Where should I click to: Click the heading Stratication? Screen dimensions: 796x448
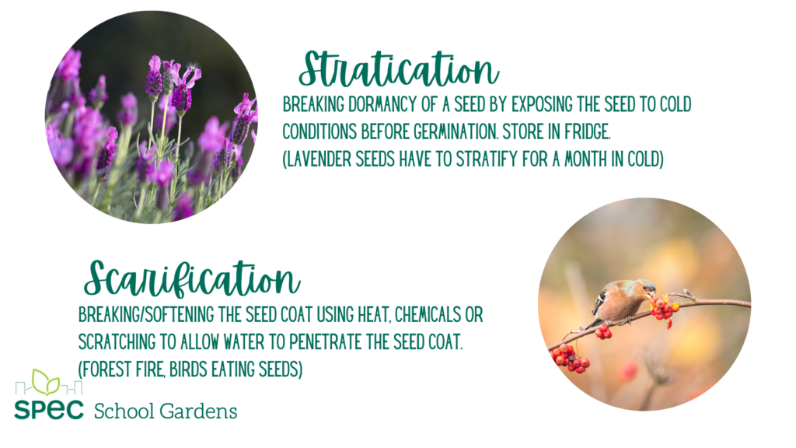(x=399, y=69)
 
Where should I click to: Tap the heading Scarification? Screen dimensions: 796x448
(x=192, y=279)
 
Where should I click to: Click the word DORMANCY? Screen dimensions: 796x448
(x=383, y=105)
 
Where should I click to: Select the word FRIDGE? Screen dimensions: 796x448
(x=587, y=132)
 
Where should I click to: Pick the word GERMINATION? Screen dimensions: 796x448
(x=455, y=132)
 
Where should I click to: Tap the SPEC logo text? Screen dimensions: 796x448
(x=49, y=410)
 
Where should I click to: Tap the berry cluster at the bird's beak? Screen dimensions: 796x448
(x=664, y=309)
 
